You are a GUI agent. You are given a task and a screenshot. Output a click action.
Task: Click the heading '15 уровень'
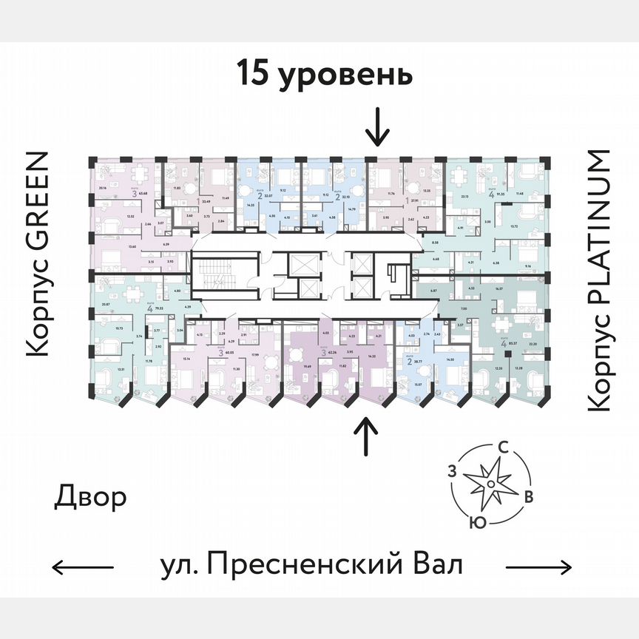(x=324, y=75)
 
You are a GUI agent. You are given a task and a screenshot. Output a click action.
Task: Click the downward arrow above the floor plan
(x=377, y=126)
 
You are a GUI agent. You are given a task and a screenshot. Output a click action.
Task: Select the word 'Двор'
(x=90, y=498)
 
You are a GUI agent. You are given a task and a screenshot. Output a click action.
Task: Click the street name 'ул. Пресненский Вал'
(x=311, y=566)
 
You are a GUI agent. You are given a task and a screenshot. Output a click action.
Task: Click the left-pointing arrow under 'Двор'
(x=83, y=567)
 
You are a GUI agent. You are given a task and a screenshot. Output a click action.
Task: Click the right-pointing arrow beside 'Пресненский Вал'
(x=539, y=567)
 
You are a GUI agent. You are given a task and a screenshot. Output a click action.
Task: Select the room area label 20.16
(x=101, y=189)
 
